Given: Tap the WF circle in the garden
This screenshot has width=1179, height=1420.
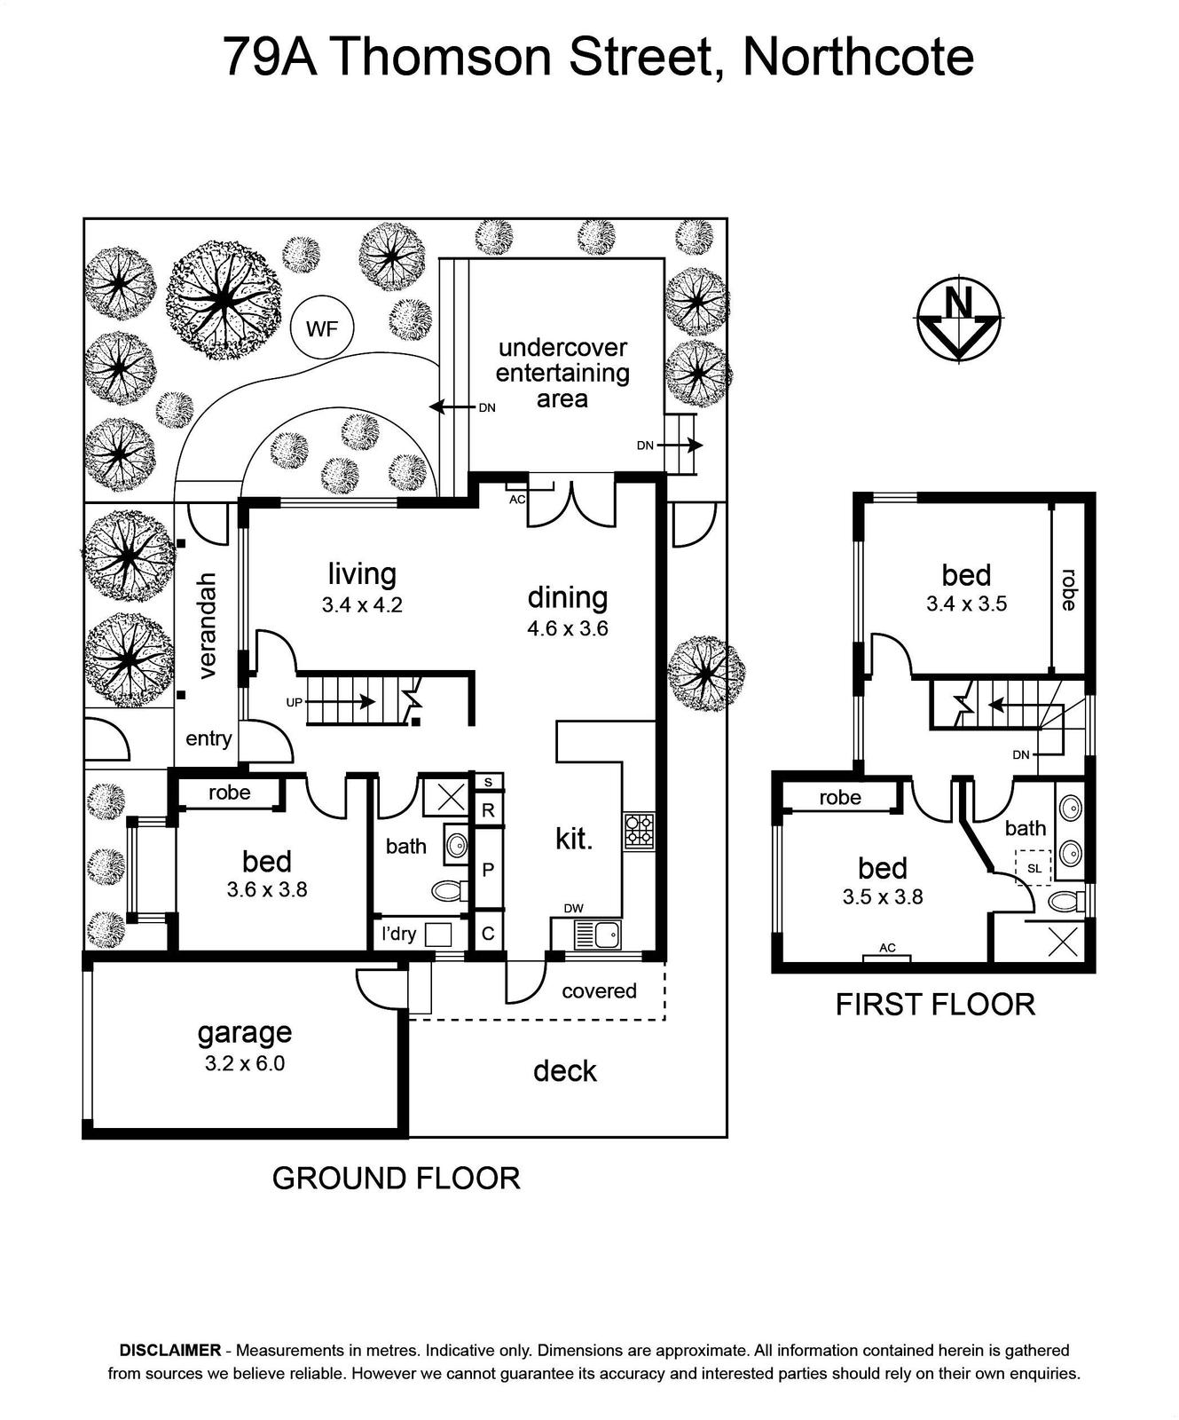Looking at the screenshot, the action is pos(322,328).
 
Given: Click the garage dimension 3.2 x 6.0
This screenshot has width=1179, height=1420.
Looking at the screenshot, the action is pos(245,1063).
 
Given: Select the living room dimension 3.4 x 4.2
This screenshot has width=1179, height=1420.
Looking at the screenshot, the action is pos(362,606).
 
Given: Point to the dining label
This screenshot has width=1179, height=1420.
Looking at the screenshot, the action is pos(568,597).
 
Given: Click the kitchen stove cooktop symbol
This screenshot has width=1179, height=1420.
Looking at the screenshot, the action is pos(640,831).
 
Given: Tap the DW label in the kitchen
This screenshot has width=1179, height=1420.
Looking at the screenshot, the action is pos(573,908).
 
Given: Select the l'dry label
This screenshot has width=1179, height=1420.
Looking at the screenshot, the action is pos(398,934).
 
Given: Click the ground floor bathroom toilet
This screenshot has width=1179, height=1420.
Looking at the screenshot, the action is pos(449,889).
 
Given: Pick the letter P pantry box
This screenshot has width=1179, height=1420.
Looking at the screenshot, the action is pos(488,869).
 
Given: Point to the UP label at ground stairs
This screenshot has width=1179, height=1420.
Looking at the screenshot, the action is pos(295,703).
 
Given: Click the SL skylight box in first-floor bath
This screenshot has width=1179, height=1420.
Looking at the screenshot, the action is pos(1034,868).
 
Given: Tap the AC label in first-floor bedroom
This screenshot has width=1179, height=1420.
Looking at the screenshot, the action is pos(887,948).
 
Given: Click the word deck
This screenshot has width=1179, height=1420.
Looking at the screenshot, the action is pos(565,1071).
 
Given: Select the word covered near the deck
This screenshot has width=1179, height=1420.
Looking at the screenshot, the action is pos(599,990).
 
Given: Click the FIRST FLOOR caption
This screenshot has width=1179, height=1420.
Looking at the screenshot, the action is pos(936,1005).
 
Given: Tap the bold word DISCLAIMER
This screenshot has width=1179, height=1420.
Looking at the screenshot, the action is pos(170,1350).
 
